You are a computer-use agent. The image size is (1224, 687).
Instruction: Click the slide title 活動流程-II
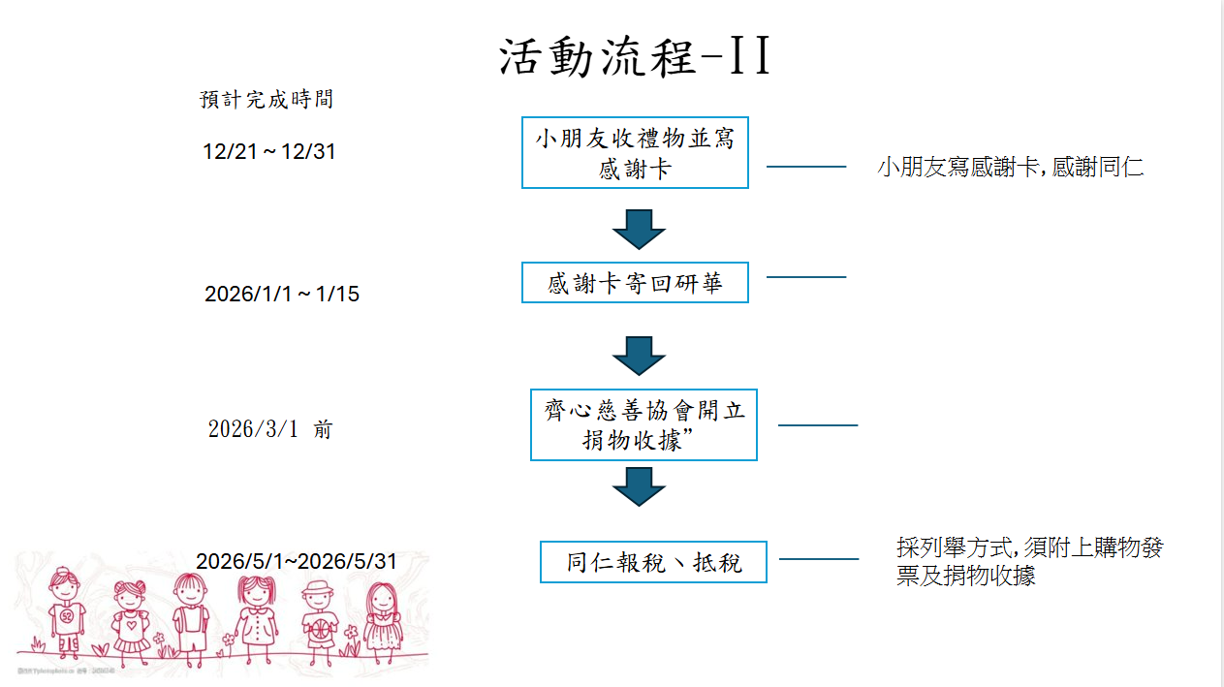(636, 58)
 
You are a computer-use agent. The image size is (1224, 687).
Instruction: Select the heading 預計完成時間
(267, 99)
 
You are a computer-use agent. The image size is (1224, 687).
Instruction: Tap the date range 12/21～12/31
(269, 152)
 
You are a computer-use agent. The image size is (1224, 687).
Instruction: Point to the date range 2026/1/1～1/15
(281, 294)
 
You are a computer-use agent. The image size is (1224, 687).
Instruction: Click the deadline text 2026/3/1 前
(269, 429)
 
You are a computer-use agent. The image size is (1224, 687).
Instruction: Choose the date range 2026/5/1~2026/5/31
(297, 561)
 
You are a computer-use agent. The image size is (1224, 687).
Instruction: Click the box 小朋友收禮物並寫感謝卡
(635, 153)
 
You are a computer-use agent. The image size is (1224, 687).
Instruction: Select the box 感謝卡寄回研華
(635, 283)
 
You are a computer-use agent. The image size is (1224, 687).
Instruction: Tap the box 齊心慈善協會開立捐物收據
(643, 424)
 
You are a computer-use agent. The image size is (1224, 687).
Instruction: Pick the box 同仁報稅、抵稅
(653, 562)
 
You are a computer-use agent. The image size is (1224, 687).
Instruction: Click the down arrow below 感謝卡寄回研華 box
(639, 356)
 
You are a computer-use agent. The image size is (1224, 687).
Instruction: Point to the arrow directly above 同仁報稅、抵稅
(639, 486)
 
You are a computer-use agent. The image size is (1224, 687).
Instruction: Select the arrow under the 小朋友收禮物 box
(639, 229)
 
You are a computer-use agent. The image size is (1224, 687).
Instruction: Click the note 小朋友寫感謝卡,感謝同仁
(1011, 167)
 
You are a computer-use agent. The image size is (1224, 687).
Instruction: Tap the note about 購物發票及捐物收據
(1029, 561)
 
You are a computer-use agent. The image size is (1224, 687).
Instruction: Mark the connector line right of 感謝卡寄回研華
(806, 277)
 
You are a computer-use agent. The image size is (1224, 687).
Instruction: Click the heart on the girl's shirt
(130, 624)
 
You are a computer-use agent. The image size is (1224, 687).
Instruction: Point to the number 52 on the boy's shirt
(67, 615)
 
